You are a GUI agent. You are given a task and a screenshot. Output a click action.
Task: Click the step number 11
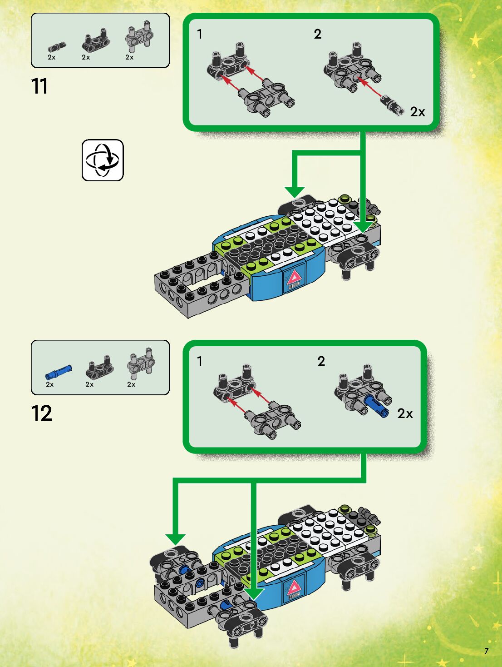(39, 86)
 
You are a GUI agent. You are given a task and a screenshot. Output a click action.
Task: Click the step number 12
(41, 413)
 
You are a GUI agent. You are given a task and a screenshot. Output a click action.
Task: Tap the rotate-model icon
(103, 160)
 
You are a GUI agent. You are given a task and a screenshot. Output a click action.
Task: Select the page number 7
(486, 651)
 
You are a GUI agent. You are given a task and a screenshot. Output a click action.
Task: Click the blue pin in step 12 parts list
(59, 372)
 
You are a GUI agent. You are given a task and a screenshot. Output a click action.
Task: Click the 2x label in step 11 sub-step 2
(418, 112)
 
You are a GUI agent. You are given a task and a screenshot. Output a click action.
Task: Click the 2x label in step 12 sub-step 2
(405, 413)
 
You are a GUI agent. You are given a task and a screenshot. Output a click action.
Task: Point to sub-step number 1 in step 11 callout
(200, 34)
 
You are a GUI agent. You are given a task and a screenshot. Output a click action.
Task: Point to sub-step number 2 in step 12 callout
(321, 361)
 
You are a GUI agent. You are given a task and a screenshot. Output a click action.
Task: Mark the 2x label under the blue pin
(50, 384)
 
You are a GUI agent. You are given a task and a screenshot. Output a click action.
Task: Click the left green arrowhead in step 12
(175, 539)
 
